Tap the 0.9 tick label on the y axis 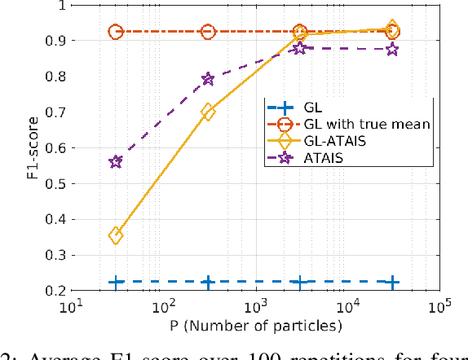[56, 41]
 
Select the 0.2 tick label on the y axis [56, 290]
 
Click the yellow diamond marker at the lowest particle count [116, 235]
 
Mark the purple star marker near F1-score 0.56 [116, 162]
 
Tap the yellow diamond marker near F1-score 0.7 [208, 112]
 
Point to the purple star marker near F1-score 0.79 [208, 79]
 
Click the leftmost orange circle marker [116, 33]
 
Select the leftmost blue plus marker [116, 282]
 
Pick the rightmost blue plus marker [392, 282]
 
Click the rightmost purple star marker [392, 50]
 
